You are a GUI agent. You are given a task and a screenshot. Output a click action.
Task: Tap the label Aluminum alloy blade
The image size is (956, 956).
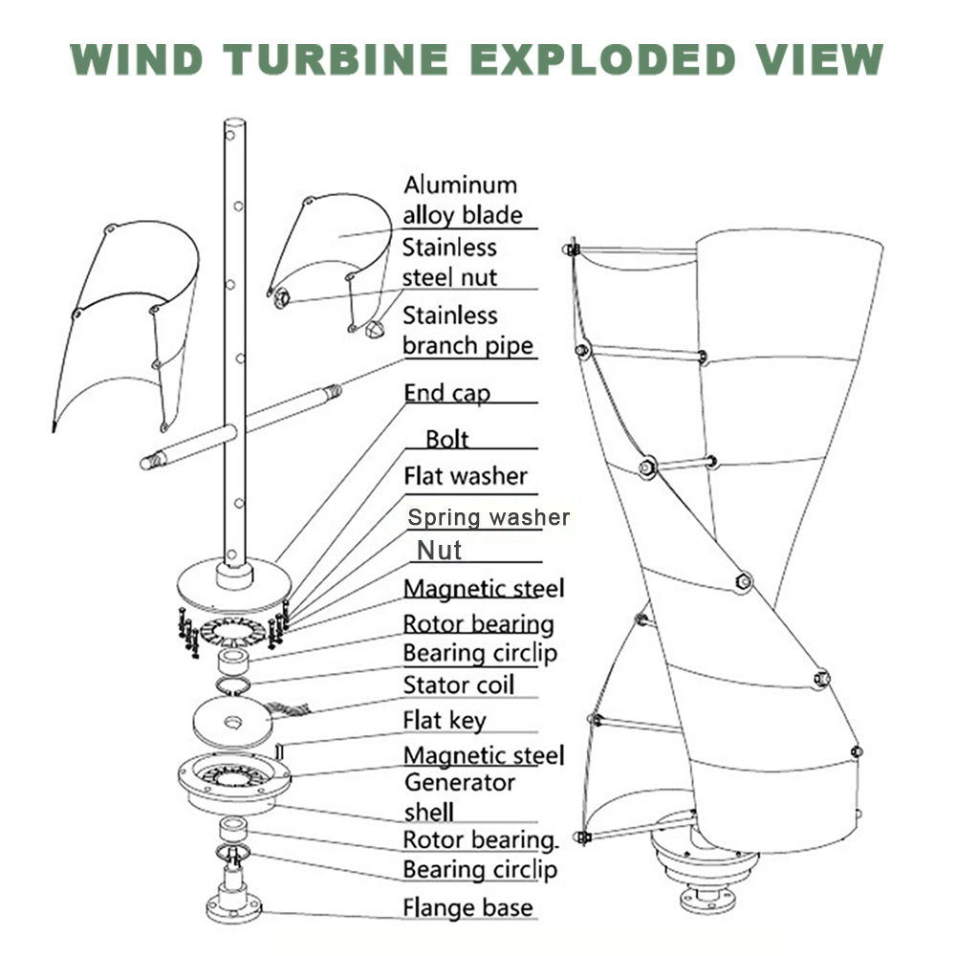[x=463, y=199]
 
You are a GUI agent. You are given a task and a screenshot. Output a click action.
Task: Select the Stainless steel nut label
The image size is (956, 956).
[x=449, y=262]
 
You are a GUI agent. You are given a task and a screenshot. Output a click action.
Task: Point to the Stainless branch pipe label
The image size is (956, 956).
[x=467, y=330]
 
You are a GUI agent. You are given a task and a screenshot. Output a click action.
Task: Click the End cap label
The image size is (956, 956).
[x=447, y=393]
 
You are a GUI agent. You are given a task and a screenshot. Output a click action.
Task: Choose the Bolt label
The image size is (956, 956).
[x=447, y=439]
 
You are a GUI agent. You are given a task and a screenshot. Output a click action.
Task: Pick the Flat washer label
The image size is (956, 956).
[x=465, y=475]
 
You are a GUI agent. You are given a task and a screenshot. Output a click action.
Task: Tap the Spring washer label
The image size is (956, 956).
[x=489, y=518]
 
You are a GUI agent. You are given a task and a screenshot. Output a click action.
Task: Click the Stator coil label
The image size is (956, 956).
[x=458, y=684]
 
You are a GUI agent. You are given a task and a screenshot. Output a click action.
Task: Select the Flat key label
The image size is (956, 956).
[x=444, y=720]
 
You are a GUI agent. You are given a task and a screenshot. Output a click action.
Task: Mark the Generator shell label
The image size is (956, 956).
[x=459, y=796]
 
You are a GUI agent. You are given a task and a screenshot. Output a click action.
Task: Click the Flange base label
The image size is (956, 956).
[x=467, y=906]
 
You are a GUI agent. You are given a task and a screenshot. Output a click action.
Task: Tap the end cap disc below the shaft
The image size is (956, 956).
[x=233, y=585]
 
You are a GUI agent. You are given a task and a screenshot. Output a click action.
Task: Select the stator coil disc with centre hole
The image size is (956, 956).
[x=232, y=719]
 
